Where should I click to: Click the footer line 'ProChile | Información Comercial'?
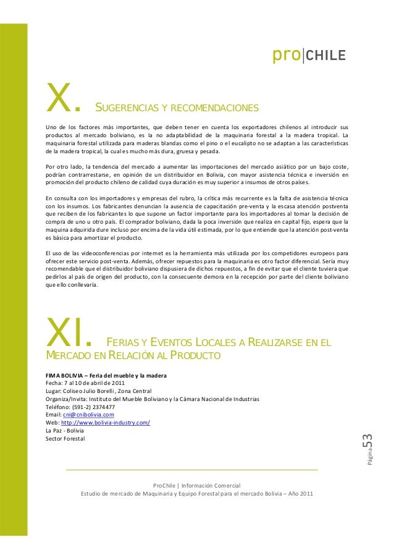click(x=196, y=486)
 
